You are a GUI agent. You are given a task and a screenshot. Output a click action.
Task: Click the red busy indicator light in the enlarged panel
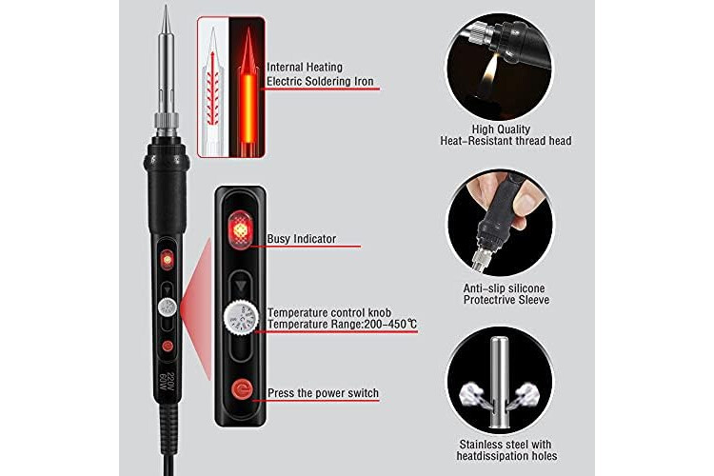coord(240,230)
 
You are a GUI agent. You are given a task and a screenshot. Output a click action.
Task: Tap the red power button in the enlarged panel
coord(242,389)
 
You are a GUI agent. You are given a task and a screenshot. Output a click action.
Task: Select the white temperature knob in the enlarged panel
coord(240,318)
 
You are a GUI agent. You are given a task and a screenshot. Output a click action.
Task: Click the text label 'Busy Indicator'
coord(302,239)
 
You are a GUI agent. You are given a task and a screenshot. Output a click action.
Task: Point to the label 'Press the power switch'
coord(323,393)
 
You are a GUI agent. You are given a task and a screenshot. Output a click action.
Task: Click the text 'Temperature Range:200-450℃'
coord(342,325)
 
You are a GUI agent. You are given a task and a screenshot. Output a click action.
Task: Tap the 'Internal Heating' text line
coord(305,67)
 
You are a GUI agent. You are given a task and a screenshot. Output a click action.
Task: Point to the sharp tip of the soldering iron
coord(166,6)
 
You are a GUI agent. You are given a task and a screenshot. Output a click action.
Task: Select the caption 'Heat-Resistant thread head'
coord(506,141)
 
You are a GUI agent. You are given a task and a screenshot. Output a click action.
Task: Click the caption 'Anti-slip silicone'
coord(504,288)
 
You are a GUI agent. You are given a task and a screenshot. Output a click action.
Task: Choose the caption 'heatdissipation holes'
coord(506,456)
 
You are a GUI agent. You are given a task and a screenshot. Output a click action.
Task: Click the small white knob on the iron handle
coord(168,307)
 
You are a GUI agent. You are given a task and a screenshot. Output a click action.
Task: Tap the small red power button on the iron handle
coord(168,347)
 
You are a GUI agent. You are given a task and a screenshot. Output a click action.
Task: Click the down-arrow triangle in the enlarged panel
coord(241,286)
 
